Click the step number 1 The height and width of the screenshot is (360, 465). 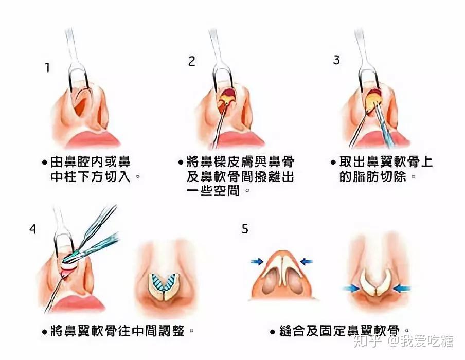point(47,68)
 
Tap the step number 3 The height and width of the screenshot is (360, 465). point(336,60)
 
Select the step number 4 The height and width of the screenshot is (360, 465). point(32,229)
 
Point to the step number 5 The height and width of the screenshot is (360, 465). point(245,228)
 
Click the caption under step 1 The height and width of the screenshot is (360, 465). point(91,170)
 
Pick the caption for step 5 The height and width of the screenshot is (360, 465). point(340,330)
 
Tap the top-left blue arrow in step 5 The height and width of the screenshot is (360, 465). point(257,262)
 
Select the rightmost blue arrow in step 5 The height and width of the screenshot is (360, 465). point(404,288)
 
